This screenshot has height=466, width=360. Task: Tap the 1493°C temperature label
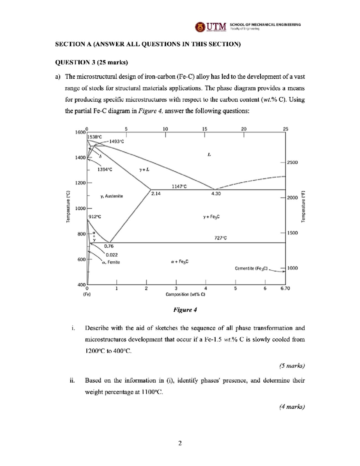pos(116,141)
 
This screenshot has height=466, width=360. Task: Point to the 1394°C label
pos(105,170)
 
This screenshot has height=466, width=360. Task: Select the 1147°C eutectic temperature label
pos(179,186)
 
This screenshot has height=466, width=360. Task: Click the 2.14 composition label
pos(156,194)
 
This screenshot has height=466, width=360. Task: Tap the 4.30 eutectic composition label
pos(216,194)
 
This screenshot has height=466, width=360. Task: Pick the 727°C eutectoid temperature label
pos(220,238)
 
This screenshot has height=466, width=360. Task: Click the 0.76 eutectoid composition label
pos(109,246)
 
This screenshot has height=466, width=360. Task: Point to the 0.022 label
pos(112,255)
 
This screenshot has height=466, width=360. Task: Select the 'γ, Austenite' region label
pos(112,196)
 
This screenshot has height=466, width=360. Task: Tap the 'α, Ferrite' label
pos(111,262)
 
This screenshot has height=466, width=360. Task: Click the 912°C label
pos(94,217)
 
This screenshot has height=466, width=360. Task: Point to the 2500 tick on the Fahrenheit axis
pos(292,162)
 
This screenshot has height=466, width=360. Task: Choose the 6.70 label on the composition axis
pos(285,288)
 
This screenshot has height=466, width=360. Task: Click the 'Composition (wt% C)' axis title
pos(185,294)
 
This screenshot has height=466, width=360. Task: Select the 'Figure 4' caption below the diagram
pos(185,310)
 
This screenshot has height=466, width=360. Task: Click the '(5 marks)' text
pos(292,366)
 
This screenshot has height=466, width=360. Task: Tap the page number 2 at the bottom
pos(180,443)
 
